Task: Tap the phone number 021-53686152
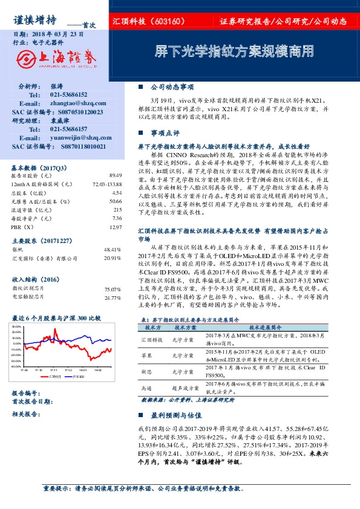pos(68,95)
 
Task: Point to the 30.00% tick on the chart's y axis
pos(16,326)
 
